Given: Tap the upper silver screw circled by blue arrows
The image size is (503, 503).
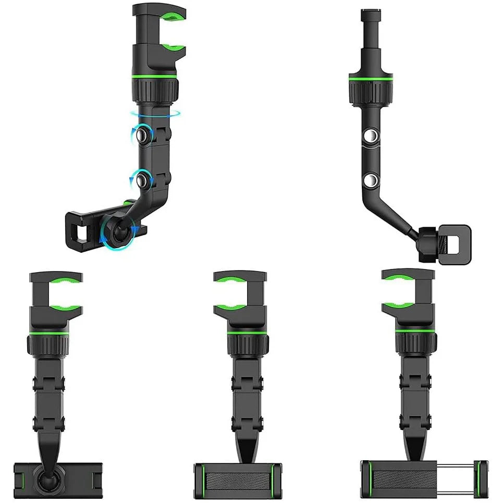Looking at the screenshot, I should click(x=141, y=136).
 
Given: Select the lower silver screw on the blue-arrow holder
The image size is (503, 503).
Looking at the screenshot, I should click(x=140, y=180).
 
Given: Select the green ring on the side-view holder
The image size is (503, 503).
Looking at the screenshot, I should click(x=370, y=77).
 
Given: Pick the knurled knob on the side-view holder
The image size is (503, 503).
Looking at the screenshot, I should click(x=370, y=92).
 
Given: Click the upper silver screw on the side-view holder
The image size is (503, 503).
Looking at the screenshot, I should click(x=371, y=137).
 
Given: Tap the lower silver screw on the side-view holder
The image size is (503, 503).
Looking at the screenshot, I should click(x=371, y=181).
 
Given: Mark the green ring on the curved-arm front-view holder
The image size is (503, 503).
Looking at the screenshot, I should click(x=49, y=332).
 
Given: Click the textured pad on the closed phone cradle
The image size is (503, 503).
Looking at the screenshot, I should click(x=237, y=477).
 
